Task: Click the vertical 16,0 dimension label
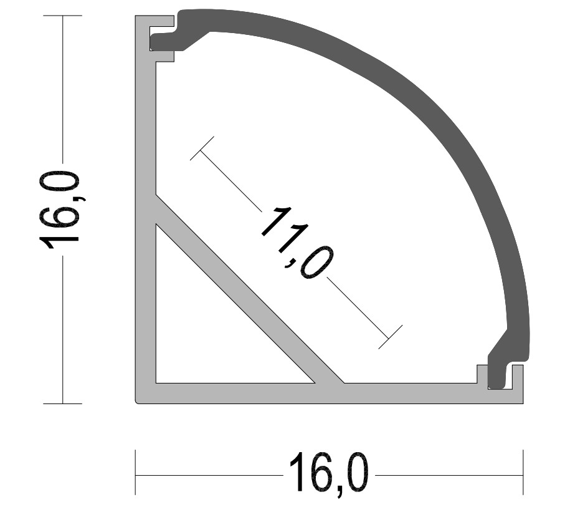59,210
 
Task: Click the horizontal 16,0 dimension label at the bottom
329,475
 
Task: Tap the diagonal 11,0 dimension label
297,243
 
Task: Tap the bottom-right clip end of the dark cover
496,375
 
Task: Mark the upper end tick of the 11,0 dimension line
202,148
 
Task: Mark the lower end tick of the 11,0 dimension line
390,337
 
